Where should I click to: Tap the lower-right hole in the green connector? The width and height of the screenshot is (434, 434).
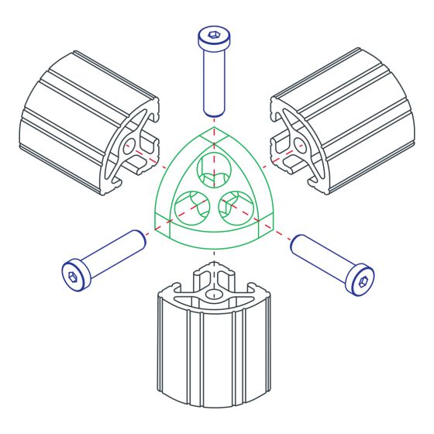237,206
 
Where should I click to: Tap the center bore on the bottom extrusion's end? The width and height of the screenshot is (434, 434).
213,294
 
